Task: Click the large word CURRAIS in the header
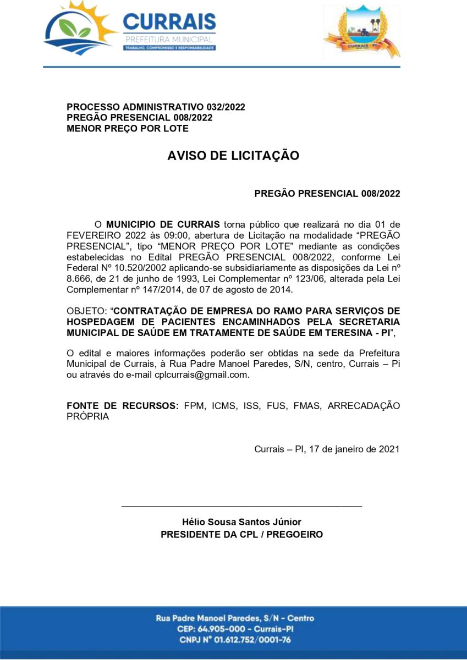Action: pyautogui.click(x=169, y=22)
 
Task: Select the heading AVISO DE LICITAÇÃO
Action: pyautogui.click(x=233, y=156)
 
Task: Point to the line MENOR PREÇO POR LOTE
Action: pyautogui.click(x=128, y=129)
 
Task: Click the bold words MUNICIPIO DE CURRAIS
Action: pyautogui.click(x=163, y=224)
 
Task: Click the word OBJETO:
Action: pyautogui.click(x=86, y=311)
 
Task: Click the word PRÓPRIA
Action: pyautogui.click(x=87, y=416)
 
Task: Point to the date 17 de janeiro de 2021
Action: pyautogui.click(x=354, y=449)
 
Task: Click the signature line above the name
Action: pyautogui.click(x=241, y=505)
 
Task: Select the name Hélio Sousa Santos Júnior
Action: pyautogui.click(x=241, y=522)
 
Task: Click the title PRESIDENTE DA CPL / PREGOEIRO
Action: pyautogui.click(x=241, y=535)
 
